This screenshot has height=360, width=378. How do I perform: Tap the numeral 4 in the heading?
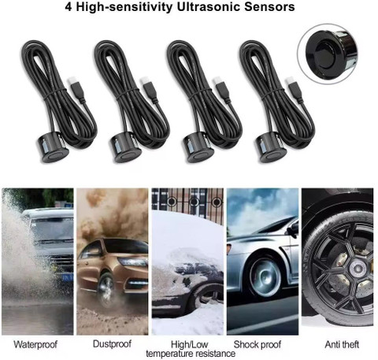point(69,7)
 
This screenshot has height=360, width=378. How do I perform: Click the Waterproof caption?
point(35,344)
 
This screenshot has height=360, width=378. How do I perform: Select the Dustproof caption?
point(112,344)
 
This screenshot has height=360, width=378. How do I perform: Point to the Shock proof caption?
point(258,344)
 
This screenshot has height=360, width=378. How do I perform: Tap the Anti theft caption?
point(342,344)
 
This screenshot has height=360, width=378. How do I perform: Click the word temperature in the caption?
point(172,354)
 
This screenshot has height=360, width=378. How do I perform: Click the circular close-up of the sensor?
point(328,54)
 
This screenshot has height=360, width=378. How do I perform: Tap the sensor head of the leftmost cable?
point(51,148)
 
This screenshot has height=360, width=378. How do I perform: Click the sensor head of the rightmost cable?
point(269,148)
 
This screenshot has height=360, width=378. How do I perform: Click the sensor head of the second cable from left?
point(124,148)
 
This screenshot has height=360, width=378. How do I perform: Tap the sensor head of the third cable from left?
point(197,148)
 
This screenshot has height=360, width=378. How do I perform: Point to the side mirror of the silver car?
point(294,229)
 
